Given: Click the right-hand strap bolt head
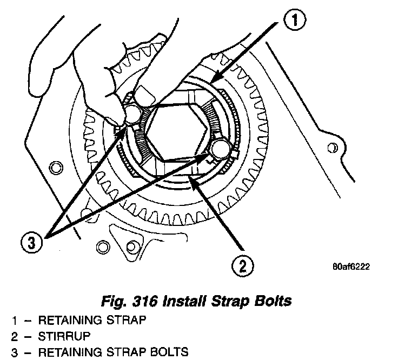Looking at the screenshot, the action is pyautogui.click(x=219, y=150).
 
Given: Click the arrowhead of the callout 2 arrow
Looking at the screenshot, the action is pyautogui.click(x=192, y=179).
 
